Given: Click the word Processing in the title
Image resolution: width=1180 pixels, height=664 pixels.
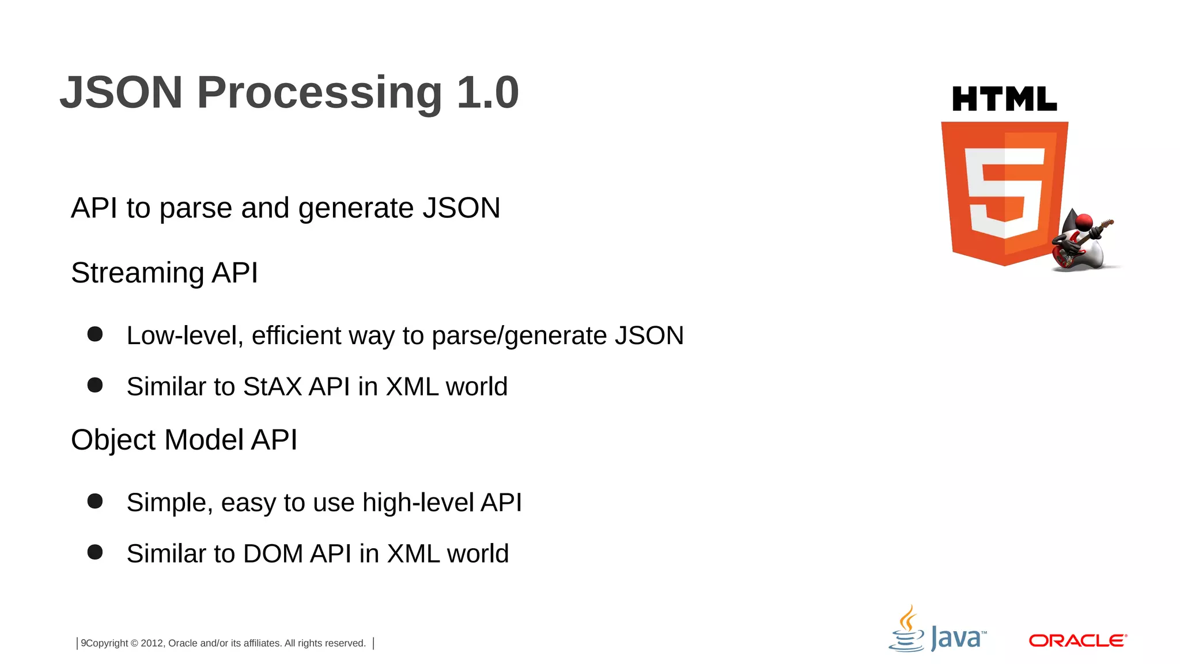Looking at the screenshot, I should click(319, 93).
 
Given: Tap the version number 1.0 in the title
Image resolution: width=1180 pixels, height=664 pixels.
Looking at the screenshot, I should click(487, 93).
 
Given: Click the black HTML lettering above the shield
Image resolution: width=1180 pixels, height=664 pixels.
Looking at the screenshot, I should click(1004, 99).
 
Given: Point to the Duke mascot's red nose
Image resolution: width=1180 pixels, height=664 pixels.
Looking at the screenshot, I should click(1084, 222).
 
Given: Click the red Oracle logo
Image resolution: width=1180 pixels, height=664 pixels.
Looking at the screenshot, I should click(1077, 640).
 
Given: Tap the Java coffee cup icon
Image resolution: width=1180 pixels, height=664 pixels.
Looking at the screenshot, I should click(907, 631).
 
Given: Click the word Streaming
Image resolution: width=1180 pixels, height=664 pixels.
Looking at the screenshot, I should click(137, 273).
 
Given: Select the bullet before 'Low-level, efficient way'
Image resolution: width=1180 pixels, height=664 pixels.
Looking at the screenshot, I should click(95, 334).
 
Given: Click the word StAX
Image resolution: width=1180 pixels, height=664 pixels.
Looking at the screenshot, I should click(273, 387).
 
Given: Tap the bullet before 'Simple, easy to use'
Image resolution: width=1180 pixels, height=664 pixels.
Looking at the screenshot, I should click(95, 501).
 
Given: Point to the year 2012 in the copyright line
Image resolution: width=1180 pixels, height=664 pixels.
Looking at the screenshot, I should click(152, 643).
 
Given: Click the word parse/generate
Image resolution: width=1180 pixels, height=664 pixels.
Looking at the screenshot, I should click(519, 336).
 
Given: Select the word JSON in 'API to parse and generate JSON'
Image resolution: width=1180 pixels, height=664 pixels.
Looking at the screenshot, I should click(461, 208).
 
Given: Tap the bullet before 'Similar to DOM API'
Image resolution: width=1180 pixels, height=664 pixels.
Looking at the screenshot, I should click(95, 552).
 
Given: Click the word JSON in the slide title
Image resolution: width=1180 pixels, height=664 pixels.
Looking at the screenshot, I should click(122, 93).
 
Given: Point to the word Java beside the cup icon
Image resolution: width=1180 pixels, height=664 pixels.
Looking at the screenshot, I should click(957, 639).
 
